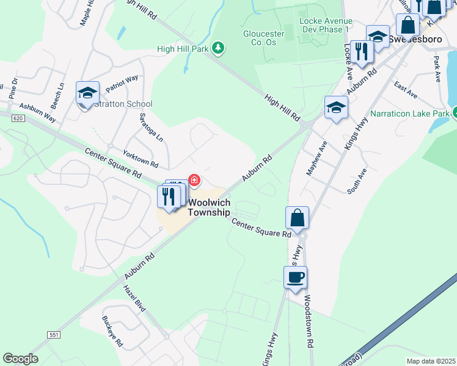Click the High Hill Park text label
183,49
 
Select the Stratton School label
123,104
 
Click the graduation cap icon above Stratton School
87,93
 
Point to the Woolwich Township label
209,207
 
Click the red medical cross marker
194,180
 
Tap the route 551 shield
54,335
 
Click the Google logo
20,359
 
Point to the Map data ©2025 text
431,361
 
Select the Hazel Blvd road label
134,298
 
